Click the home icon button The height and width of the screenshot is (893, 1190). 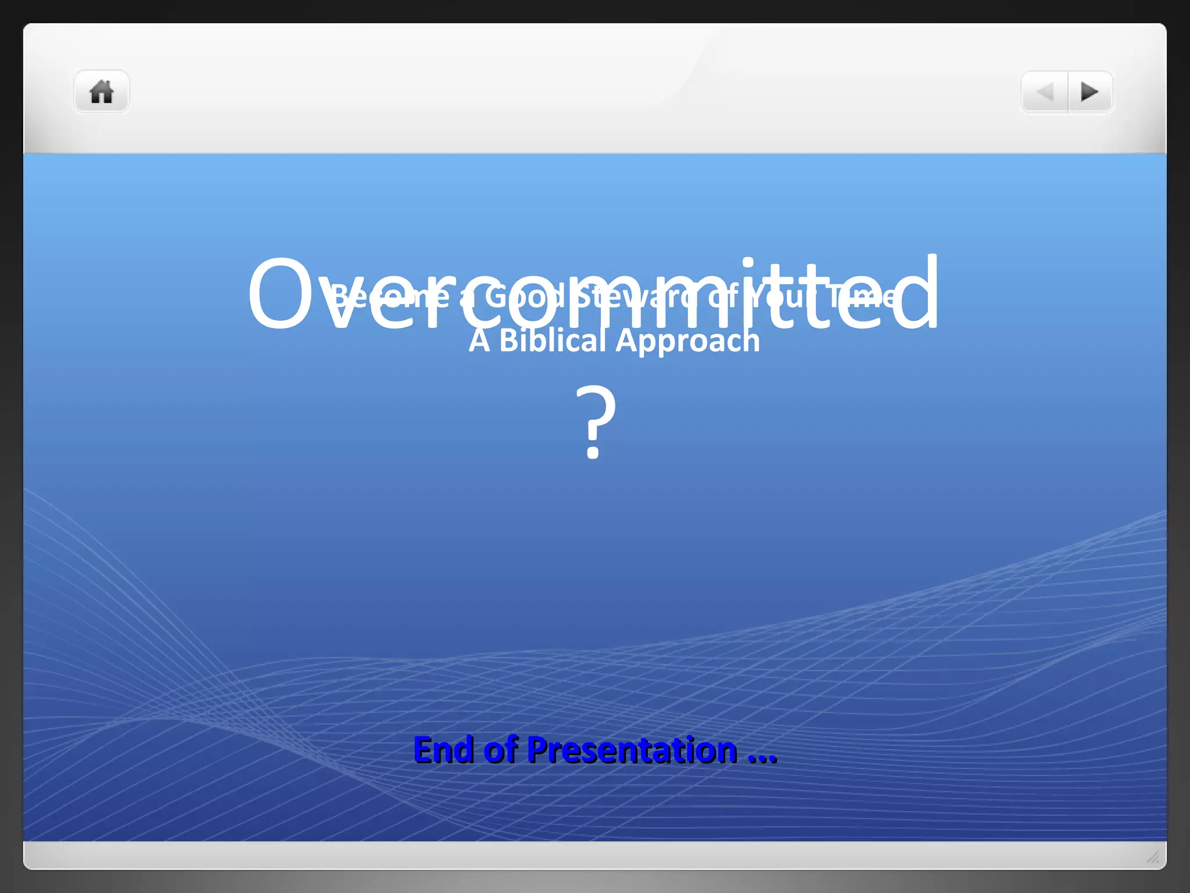coord(101,92)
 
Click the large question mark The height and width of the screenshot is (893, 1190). coord(595,422)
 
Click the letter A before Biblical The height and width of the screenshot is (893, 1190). coord(479,341)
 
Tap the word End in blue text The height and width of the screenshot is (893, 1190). coord(443,749)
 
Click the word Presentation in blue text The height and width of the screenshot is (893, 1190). coord(632,750)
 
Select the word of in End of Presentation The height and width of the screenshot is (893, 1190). coord(500,749)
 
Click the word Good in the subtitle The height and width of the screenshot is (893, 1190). coord(525,297)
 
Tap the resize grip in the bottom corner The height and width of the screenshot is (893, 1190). coord(1153,856)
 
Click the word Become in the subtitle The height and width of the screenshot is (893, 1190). coord(389,297)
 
